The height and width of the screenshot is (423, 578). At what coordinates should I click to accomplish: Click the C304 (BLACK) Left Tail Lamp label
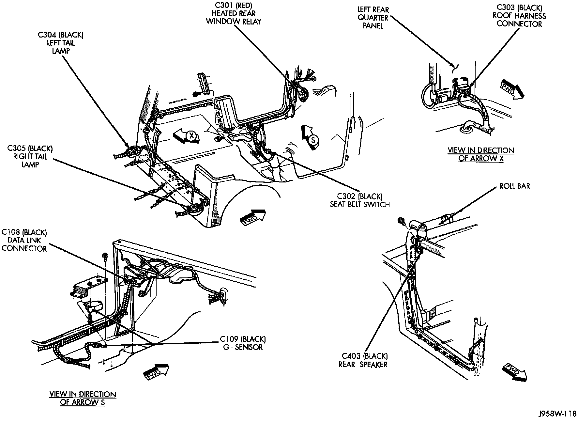click(x=60, y=43)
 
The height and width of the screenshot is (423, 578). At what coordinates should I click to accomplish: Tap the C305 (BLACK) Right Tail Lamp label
click(x=30, y=157)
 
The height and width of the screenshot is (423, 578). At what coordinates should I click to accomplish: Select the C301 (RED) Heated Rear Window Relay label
click(x=234, y=14)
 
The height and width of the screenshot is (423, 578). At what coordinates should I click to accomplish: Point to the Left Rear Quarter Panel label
click(x=373, y=18)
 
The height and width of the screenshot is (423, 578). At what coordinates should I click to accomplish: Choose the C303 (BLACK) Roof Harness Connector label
click(x=519, y=16)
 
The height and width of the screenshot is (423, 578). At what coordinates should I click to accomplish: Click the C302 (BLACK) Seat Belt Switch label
click(x=359, y=200)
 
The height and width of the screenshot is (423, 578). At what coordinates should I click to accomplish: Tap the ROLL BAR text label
click(x=514, y=186)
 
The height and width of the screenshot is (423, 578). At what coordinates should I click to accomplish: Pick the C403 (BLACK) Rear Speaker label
click(x=363, y=360)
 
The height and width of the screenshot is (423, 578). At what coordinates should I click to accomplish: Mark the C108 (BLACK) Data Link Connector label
click(x=24, y=241)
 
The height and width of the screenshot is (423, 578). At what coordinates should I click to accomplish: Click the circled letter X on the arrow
click(x=192, y=136)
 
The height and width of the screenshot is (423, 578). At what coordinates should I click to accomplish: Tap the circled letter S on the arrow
click(x=313, y=140)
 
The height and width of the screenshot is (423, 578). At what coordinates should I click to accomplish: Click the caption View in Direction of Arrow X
click(x=481, y=154)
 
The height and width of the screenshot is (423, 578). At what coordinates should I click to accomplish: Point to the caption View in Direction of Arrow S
click(x=83, y=398)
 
